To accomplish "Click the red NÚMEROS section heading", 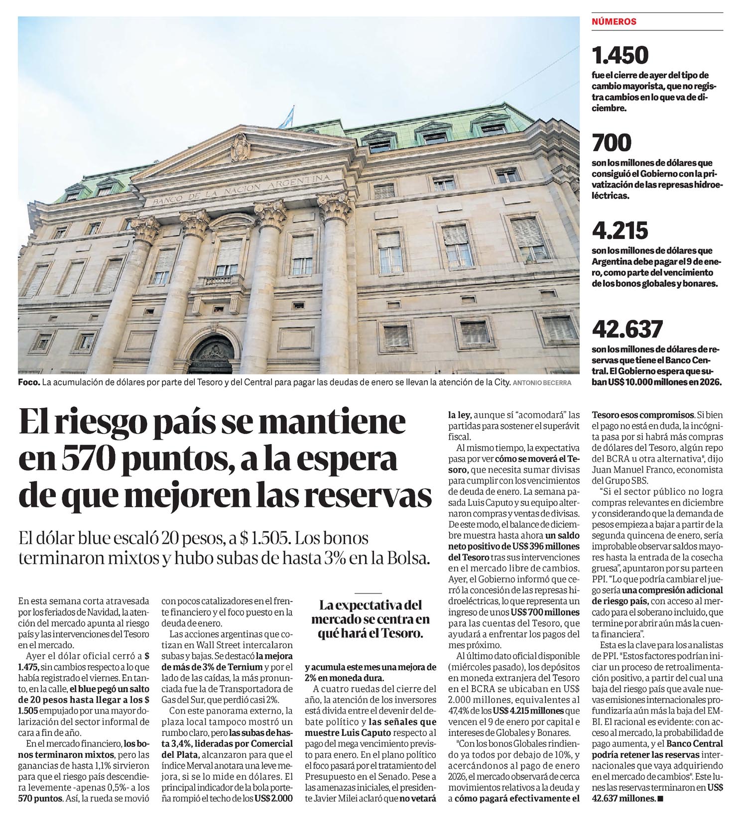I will pos(614,22).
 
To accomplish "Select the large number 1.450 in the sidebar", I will pos(620,55).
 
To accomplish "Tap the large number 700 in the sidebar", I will pos(612,143).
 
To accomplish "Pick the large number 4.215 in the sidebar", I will pos(620,231).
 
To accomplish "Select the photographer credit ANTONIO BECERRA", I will pos(542,383).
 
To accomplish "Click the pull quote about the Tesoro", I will pos(370,620).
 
